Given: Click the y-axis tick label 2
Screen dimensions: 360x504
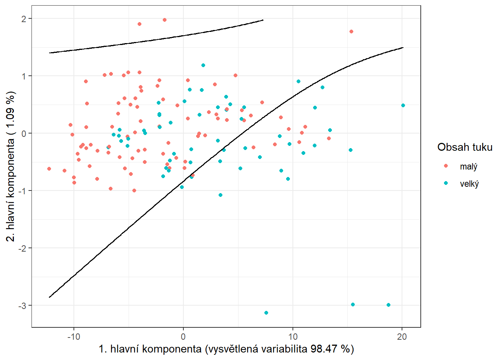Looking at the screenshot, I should [x=24, y=19].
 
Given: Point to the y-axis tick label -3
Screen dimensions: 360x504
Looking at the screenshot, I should [x=22, y=306].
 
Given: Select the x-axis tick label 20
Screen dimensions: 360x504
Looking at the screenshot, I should [x=402, y=336].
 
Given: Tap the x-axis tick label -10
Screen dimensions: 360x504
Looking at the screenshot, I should [x=73, y=336].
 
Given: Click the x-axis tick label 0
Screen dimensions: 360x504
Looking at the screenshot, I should [x=183, y=336].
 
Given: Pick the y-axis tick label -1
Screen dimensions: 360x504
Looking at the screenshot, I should [x=22, y=191].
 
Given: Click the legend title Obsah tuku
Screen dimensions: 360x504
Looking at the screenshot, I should [x=465, y=147].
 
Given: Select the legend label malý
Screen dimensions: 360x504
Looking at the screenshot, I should [x=468, y=166].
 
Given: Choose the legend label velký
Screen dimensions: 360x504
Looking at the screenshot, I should [x=469, y=184].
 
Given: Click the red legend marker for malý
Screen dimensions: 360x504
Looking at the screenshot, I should [x=446, y=166].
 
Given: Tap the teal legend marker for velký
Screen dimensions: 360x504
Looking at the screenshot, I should [x=446, y=183].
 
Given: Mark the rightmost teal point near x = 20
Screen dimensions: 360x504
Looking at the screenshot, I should [x=403, y=105].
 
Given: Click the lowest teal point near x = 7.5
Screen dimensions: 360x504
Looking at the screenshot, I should [x=266, y=313].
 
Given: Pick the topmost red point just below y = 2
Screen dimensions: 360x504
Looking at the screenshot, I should [x=165, y=20].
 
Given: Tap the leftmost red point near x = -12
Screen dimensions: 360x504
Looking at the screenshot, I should [x=49, y=169].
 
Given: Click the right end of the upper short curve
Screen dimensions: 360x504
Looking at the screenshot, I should [x=263, y=20].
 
